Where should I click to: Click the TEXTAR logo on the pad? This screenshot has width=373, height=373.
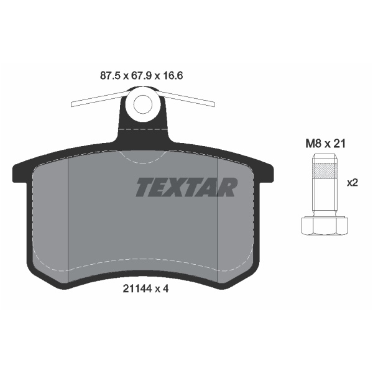tap(186, 188)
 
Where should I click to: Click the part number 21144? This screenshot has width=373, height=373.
tap(137, 289)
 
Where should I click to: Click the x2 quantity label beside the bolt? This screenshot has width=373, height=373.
tap(352, 183)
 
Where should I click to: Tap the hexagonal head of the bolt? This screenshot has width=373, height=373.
tap(325, 226)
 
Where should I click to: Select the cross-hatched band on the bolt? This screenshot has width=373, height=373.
tap(325, 172)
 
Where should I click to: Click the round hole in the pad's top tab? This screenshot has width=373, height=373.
tap(143, 104)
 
